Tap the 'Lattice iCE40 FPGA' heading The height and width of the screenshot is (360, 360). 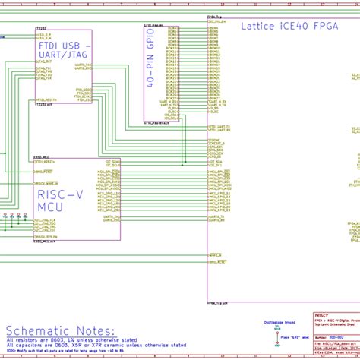[289, 26]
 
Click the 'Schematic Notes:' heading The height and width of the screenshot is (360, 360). [59, 331]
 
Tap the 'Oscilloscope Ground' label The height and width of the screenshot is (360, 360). [279, 323]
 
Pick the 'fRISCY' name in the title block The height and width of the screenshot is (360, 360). [321, 314]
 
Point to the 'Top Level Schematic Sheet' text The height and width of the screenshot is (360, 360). [332, 323]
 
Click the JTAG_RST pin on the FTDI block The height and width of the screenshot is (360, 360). [43, 81]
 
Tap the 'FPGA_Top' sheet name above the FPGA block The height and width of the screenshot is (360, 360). [215, 16]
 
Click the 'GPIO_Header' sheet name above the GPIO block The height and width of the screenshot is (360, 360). [155, 24]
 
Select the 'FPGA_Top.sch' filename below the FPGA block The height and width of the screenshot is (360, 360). [216, 302]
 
